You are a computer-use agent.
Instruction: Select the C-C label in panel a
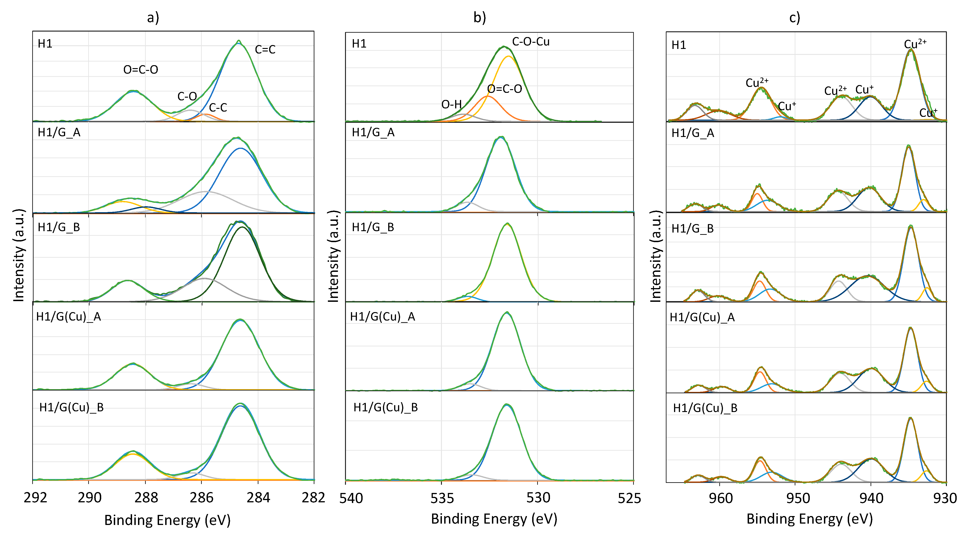tap(218, 108)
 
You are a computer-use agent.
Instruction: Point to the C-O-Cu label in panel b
tap(530, 42)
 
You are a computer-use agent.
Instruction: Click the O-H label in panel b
tap(451, 104)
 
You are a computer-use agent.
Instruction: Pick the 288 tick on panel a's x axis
tap(146, 498)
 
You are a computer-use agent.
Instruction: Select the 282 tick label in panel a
tap(313, 498)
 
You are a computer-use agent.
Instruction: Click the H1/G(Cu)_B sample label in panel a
tap(71, 407)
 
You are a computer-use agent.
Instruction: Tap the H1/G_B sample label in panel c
tap(692, 228)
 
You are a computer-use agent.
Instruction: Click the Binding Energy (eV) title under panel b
tap(494, 519)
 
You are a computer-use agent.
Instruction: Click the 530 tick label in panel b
tap(538, 498)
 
